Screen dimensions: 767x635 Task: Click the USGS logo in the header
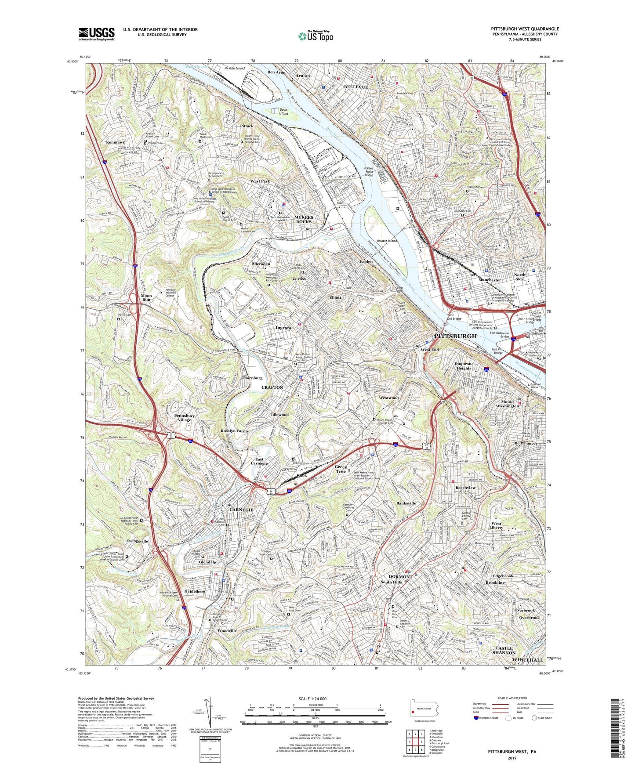pyautogui.click(x=97, y=33)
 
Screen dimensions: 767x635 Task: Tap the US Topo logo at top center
pyautogui.click(x=316, y=36)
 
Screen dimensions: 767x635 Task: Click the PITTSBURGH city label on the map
pyautogui.click(x=455, y=336)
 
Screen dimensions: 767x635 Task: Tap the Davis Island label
pyautogui.click(x=283, y=112)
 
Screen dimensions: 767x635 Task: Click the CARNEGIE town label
pyautogui.click(x=241, y=510)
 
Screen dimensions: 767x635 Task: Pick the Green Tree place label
pyautogui.click(x=341, y=469)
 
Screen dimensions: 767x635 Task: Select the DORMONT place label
pyautogui.click(x=400, y=576)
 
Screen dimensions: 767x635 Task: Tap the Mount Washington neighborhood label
pyautogui.click(x=507, y=404)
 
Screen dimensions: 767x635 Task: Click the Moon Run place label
pyautogui.click(x=146, y=298)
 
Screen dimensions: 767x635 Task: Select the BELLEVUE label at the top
pyautogui.click(x=356, y=87)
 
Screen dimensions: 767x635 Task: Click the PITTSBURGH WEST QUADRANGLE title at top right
pyautogui.click(x=525, y=29)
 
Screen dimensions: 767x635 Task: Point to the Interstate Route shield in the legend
pyautogui.click(x=476, y=718)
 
